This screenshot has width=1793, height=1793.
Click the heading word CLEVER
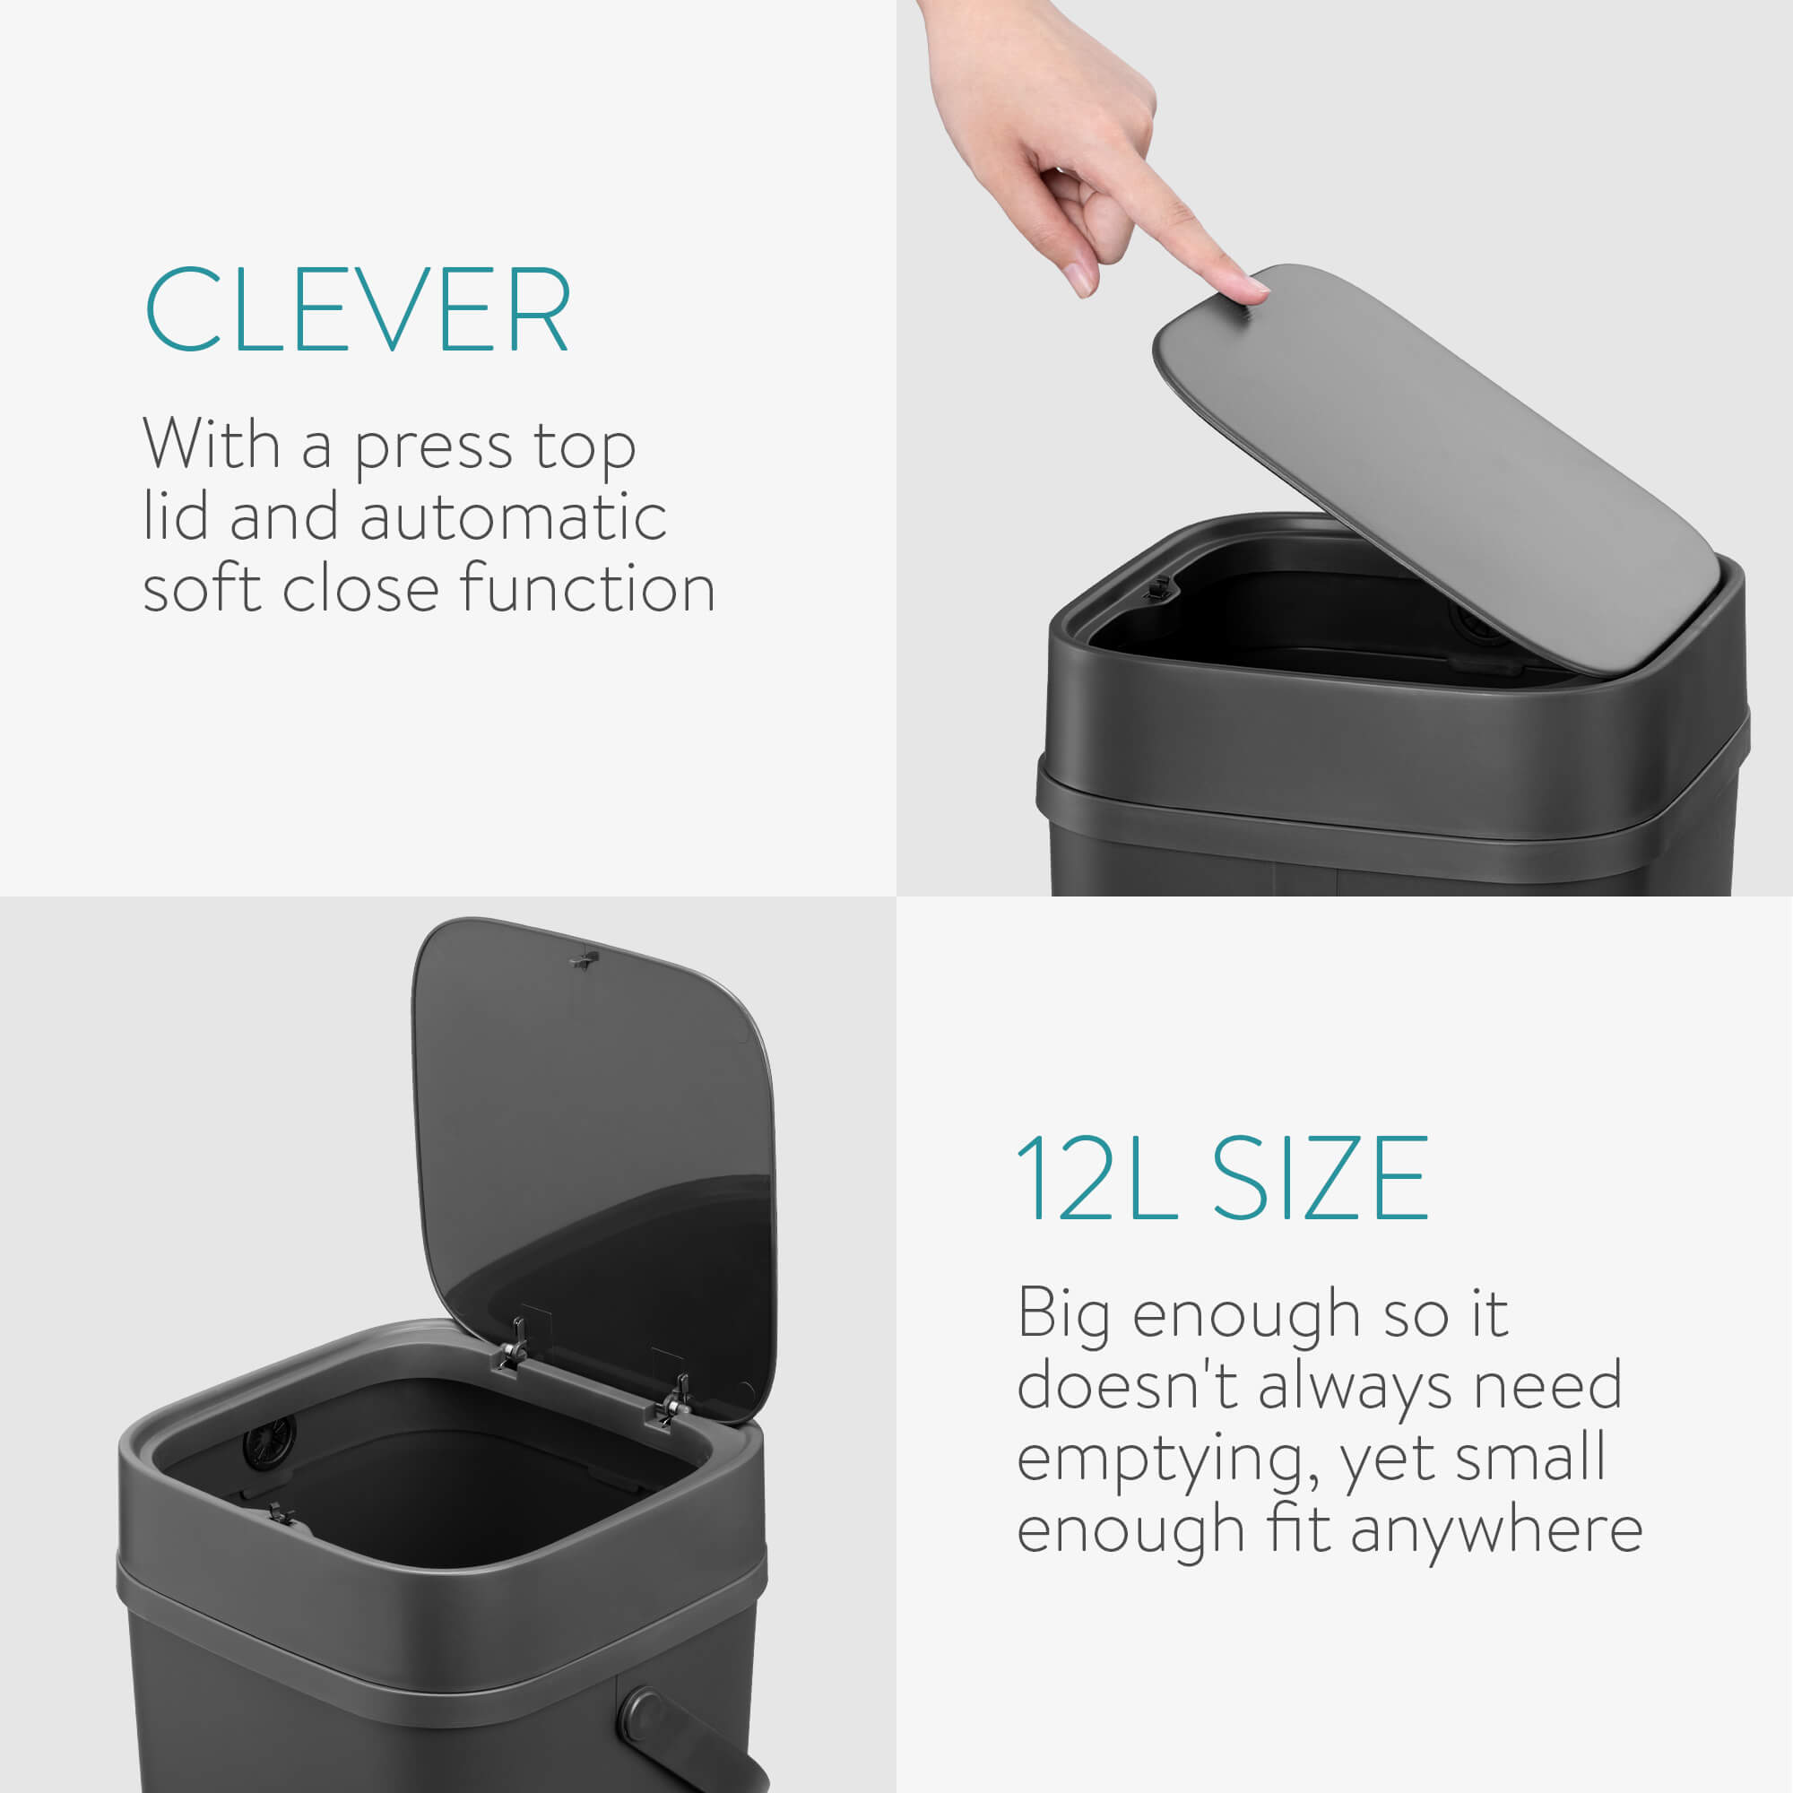click(358, 309)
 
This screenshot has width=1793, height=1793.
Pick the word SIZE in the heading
click(1321, 1179)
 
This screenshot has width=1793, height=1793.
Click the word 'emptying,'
click(1166, 1460)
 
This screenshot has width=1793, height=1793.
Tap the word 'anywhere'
click(1496, 1530)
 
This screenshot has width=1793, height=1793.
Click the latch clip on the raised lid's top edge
click(583, 957)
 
